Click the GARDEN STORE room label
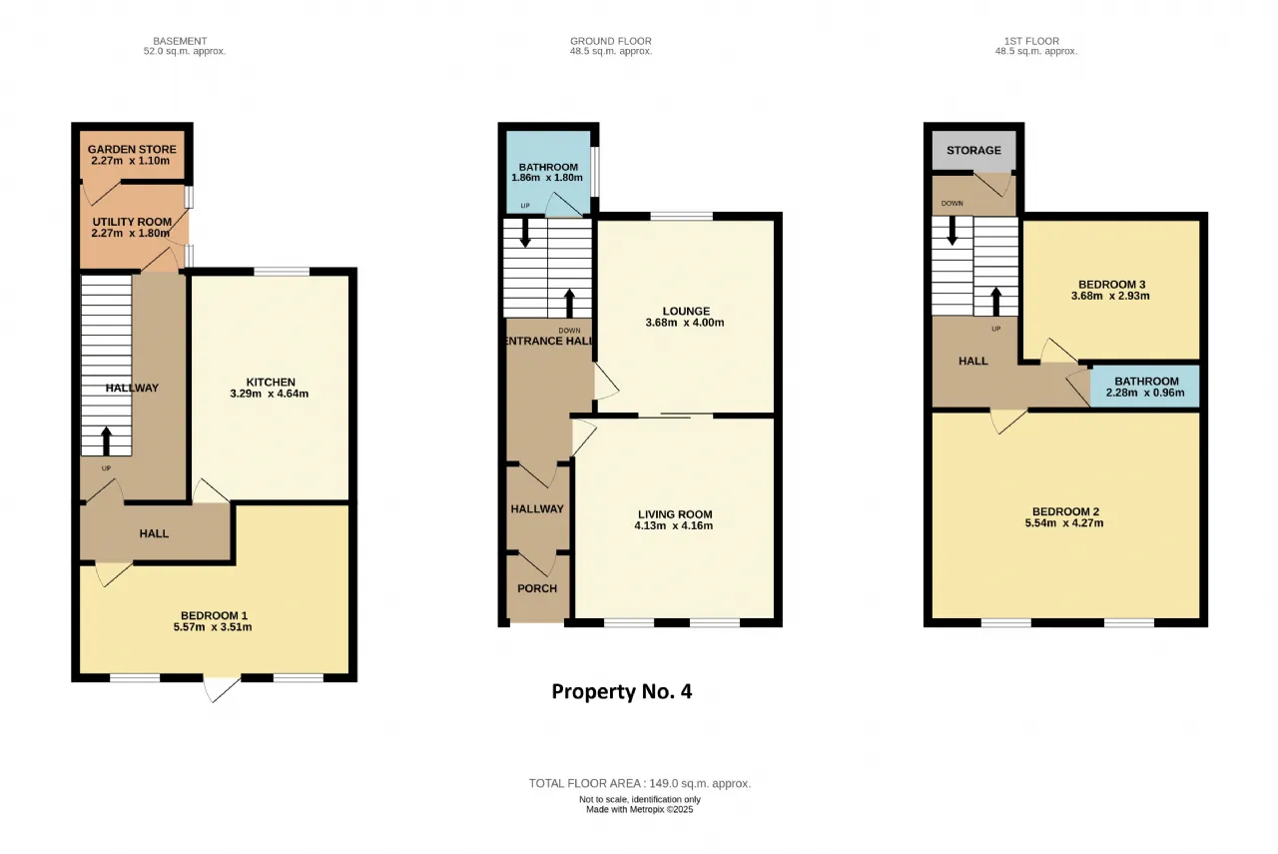[x=132, y=150]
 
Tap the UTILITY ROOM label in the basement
[x=132, y=222]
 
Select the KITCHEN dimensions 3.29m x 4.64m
[x=270, y=394]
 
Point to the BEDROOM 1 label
[x=214, y=615]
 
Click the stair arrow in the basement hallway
[x=106, y=440]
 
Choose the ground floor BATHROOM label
[x=548, y=167]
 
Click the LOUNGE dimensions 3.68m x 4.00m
[x=685, y=323]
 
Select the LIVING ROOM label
[x=675, y=514]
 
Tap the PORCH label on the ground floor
[x=537, y=588]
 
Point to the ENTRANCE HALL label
[x=550, y=341]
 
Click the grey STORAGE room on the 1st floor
[x=973, y=150]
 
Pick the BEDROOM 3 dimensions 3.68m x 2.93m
[x=1110, y=296]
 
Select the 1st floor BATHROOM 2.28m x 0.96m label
[x=1145, y=387]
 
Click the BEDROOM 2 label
[x=1065, y=511]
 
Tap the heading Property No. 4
[x=622, y=691]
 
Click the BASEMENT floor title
[x=180, y=41]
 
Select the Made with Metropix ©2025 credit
[x=640, y=809]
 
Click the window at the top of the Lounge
[x=682, y=216]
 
